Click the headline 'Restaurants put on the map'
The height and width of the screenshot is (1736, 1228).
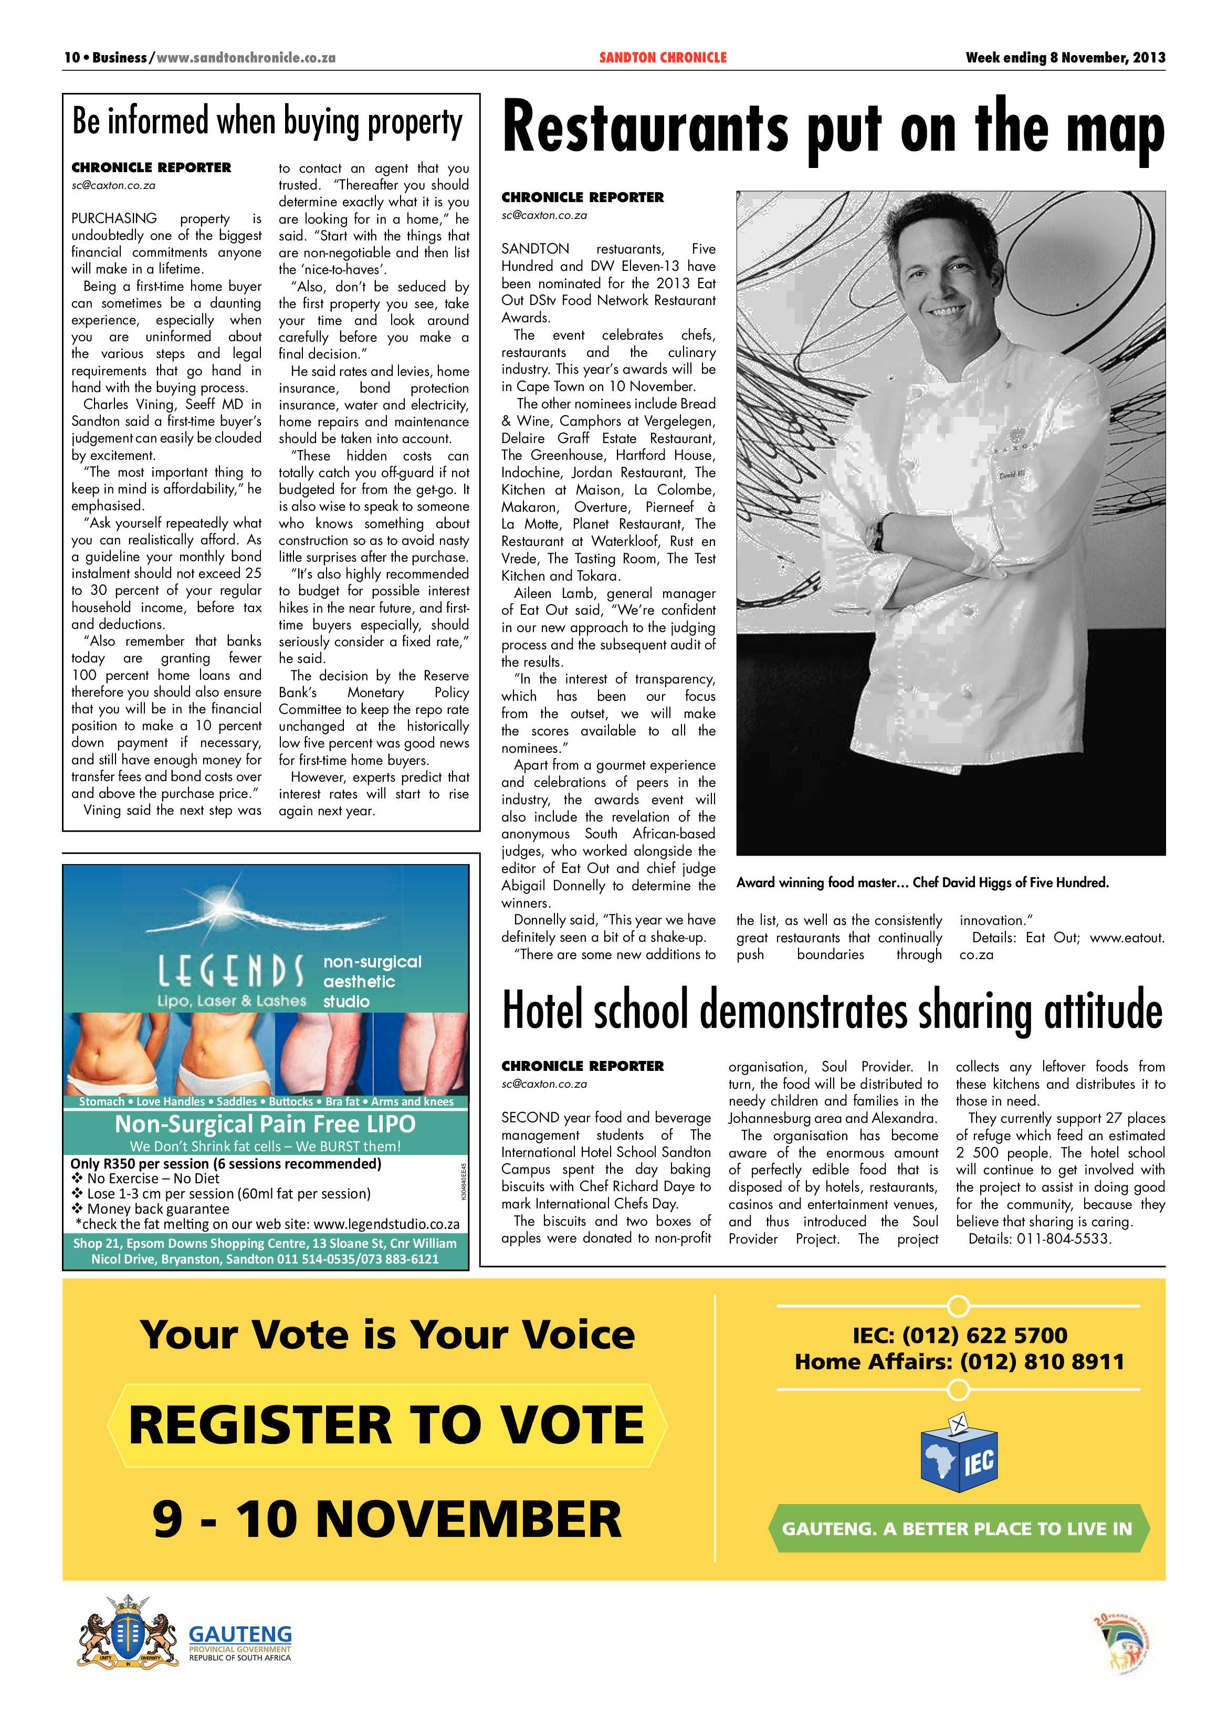[x=833, y=130]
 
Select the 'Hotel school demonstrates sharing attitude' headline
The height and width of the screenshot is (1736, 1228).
[x=832, y=1012]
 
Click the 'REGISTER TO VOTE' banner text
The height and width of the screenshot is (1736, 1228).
[x=386, y=1425]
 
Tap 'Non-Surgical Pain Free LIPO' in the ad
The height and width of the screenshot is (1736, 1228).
[x=266, y=1124]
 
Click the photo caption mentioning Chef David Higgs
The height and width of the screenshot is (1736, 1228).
[x=922, y=882]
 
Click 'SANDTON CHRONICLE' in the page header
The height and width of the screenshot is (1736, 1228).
[x=663, y=57]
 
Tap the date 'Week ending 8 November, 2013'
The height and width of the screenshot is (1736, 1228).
[x=1065, y=57]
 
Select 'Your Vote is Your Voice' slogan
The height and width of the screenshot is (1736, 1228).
[x=386, y=1334]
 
